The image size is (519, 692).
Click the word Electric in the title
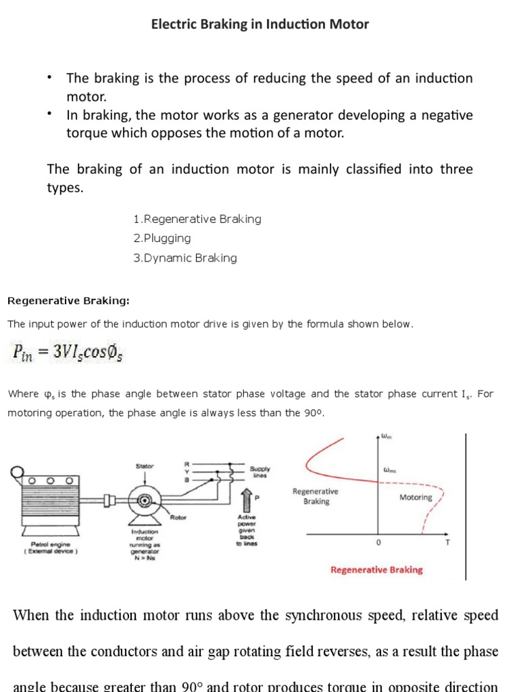tap(174, 24)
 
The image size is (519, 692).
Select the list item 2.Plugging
tap(162, 239)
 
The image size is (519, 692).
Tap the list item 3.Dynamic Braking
tap(185, 257)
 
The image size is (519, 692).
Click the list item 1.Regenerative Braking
tap(197, 219)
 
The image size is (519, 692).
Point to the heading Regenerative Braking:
tap(68, 300)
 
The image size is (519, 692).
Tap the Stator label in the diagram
tap(145, 466)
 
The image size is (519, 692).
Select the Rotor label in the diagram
tap(178, 518)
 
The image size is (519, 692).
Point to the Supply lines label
tap(259, 471)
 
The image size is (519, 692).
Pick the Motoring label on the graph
tap(416, 497)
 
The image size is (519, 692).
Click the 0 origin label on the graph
tap(378, 542)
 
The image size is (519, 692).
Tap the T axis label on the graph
tap(447, 542)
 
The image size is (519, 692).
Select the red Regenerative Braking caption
tap(376, 570)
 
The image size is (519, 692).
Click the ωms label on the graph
tap(390, 470)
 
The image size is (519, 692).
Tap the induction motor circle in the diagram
tap(143, 501)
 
